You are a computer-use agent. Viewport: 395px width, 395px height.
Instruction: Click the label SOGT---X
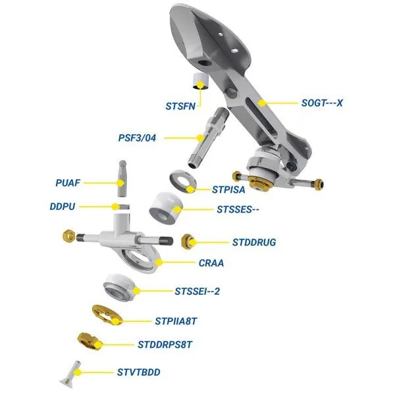point(322,103)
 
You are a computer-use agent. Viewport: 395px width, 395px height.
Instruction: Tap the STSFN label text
point(180,106)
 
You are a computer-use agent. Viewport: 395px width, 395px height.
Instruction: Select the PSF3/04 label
point(138,138)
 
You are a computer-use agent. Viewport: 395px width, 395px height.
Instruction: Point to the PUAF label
point(68,183)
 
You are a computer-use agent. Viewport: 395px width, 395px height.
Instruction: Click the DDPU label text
point(63,207)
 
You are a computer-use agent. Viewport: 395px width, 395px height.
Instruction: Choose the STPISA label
point(228,190)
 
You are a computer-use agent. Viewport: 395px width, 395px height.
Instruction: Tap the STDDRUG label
point(254,242)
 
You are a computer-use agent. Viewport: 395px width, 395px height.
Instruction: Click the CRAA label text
point(211,263)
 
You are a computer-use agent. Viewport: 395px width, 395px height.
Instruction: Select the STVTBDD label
point(138,373)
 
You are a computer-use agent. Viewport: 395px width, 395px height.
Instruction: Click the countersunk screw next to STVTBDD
point(71,375)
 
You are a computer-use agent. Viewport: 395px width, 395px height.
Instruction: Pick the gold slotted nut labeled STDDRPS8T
point(90,341)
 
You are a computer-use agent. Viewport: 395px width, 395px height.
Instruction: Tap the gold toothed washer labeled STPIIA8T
point(107,315)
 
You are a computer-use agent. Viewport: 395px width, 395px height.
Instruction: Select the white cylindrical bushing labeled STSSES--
point(165,209)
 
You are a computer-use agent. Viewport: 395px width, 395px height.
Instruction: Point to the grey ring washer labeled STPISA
point(182,181)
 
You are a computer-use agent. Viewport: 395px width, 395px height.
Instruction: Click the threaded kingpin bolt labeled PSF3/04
point(208,138)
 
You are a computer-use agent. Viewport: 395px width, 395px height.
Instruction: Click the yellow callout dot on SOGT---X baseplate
point(262,103)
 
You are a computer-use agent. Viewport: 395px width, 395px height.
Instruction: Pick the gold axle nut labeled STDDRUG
point(188,242)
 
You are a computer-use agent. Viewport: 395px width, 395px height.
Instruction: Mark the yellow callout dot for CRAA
point(159,263)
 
